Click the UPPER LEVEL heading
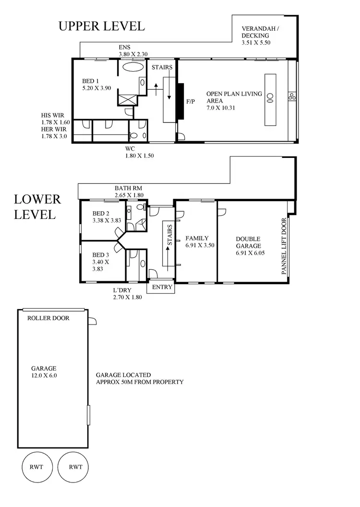coord(101,26)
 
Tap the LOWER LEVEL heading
coord(37,206)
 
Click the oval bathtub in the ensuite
coord(130,67)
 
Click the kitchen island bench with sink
coord(270,100)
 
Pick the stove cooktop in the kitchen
coord(291,97)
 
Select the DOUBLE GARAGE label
coord(248,245)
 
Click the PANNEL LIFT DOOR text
coord(284,246)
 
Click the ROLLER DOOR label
coord(48,318)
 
